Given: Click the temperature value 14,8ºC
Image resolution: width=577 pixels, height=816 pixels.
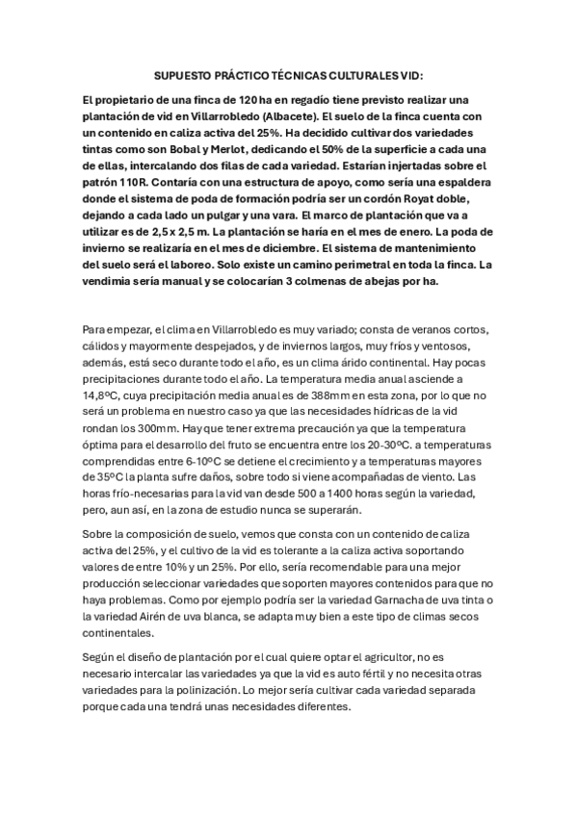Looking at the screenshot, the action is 103,394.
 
